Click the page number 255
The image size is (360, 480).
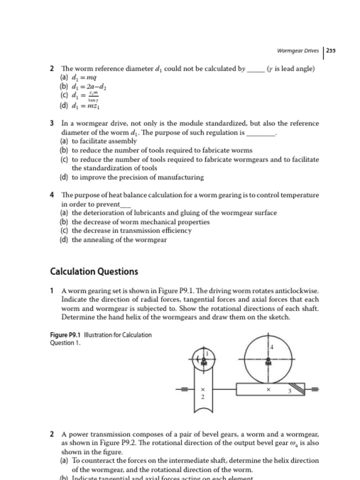331,51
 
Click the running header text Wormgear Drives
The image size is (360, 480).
298,51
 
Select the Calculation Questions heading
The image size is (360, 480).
94,272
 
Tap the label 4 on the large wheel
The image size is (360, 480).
271,347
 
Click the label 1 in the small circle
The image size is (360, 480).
206,353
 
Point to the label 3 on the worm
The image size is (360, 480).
289,391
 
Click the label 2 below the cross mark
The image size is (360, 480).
202,397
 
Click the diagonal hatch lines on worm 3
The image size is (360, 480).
298,389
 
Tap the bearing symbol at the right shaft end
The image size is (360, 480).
314,389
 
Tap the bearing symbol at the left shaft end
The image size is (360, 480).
184,389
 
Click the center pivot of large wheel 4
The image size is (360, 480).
268,361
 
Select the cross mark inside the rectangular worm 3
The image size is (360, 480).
268,390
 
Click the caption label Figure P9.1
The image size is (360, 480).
66,335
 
